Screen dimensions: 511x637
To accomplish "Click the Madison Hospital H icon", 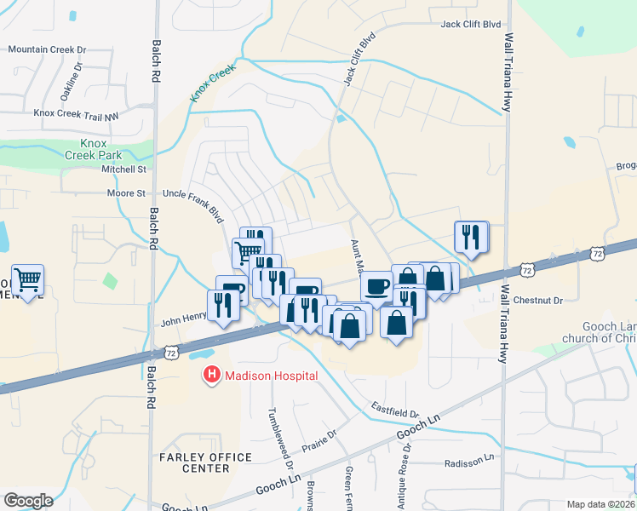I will point(209,375).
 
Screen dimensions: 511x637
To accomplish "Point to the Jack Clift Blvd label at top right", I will point(470,25).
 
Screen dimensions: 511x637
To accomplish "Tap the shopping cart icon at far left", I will point(28,279).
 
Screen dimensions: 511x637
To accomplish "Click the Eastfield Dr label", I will point(395,410).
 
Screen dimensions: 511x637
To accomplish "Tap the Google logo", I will point(28,500).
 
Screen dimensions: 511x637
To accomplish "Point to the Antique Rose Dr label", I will point(402,472).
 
